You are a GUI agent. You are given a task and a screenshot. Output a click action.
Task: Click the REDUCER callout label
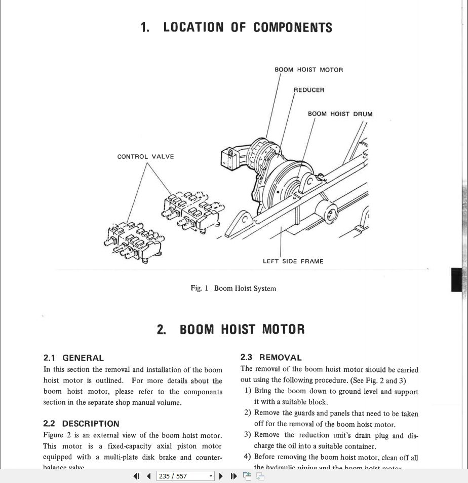(x=309, y=90)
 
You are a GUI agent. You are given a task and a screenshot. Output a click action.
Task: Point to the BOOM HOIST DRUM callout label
(x=340, y=114)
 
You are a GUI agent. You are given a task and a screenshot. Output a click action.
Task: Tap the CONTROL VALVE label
(x=145, y=157)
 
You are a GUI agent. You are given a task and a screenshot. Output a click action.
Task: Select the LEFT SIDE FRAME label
(x=293, y=262)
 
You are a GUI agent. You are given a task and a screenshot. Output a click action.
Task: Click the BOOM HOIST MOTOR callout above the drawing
(x=308, y=70)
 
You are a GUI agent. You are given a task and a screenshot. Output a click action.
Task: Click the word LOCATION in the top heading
(x=193, y=27)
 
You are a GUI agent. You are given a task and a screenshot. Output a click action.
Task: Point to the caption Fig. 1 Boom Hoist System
(x=233, y=289)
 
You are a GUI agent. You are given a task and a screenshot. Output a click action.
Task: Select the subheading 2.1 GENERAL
(x=73, y=358)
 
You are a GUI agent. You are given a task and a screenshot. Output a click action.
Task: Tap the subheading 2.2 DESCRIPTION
(x=81, y=424)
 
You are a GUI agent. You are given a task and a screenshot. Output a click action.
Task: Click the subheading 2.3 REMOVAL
(x=270, y=358)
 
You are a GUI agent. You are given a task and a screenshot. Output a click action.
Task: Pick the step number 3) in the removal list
(x=247, y=435)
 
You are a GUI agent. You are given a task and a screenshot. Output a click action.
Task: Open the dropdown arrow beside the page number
(x=211, y=476)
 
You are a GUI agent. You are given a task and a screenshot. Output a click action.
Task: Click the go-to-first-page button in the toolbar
(x=136, y=476)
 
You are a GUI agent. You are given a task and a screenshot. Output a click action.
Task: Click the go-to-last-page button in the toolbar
(x=233, y=476)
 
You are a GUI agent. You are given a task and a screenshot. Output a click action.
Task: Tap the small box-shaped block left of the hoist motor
(x=229, y=157)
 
